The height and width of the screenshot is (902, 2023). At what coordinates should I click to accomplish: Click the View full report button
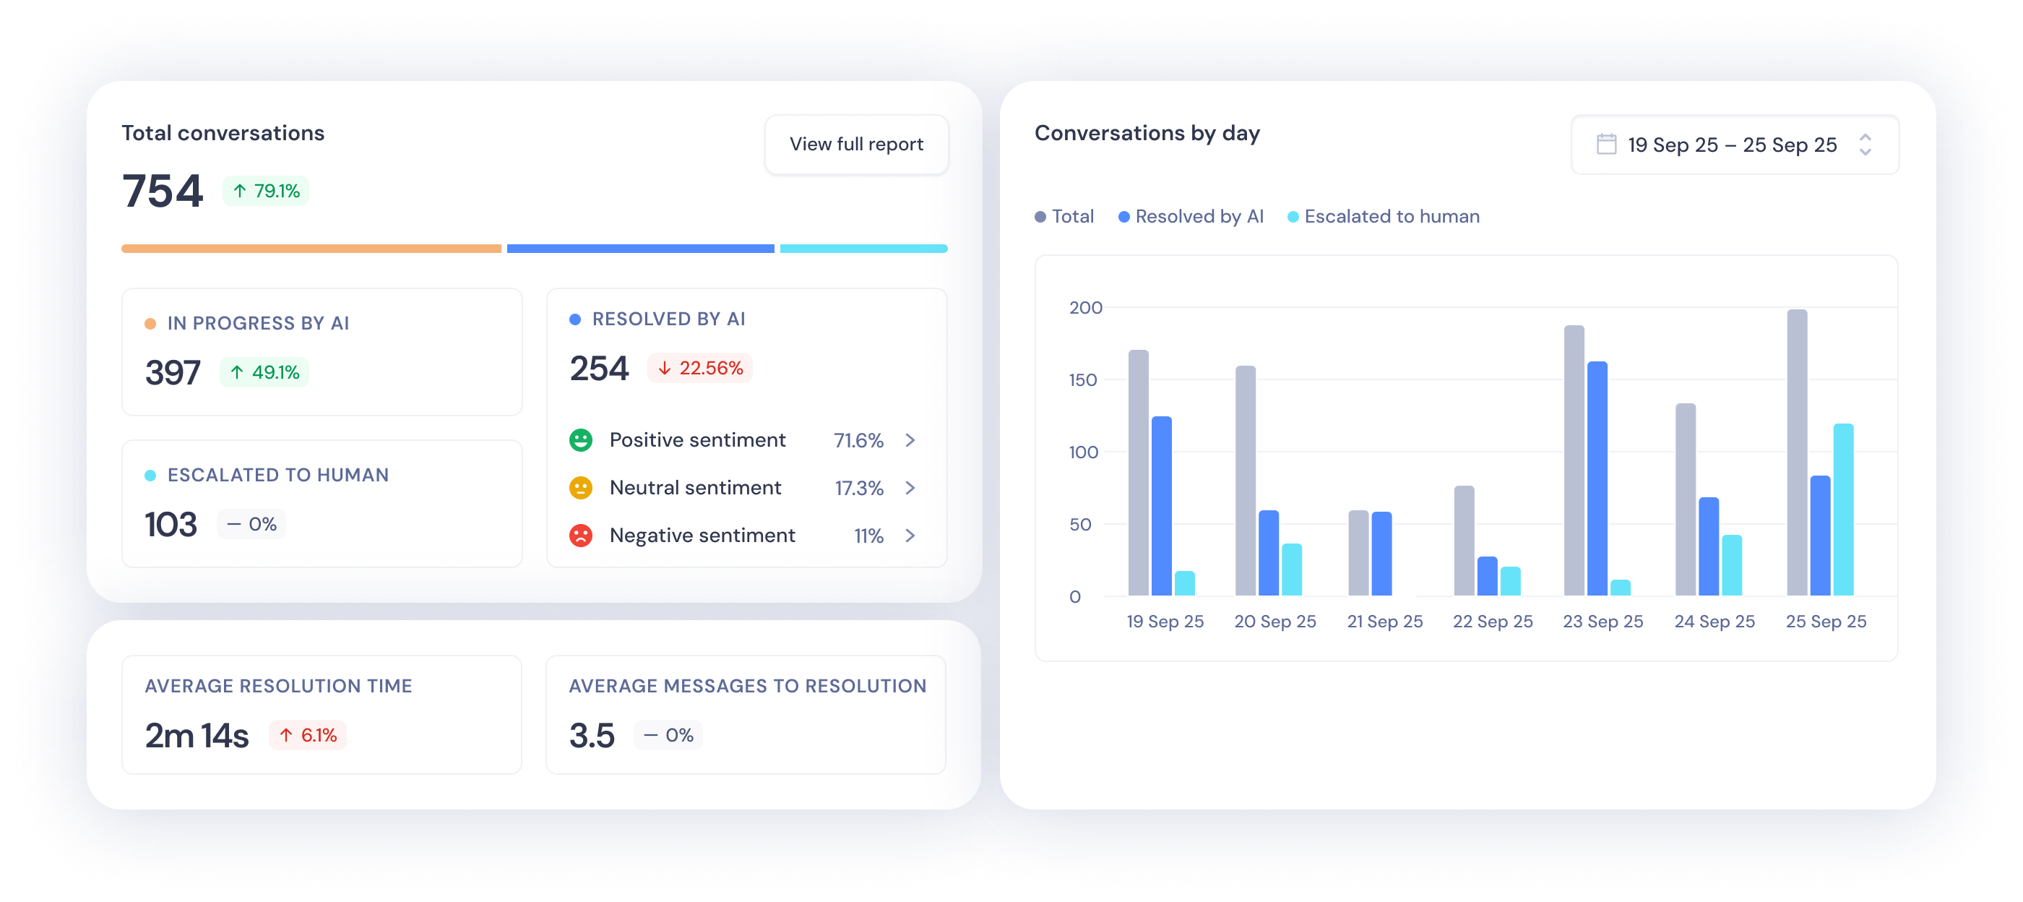(856, 145)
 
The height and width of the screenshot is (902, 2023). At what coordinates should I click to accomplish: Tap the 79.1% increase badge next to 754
(266, 191)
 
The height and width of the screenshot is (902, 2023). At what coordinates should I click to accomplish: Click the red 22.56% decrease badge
(699, 368)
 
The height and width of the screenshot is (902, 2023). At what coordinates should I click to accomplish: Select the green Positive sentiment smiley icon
(580, 440)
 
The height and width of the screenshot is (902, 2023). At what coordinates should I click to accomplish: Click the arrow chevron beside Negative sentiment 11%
(910, 536)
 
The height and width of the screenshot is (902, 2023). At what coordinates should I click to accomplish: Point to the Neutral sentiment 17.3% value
(858, 488)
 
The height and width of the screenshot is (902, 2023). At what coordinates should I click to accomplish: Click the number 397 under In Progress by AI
(173, 372)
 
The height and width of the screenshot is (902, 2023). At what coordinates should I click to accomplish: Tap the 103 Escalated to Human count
(171, 525)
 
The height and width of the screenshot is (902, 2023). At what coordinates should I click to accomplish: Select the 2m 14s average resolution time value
(197, 736)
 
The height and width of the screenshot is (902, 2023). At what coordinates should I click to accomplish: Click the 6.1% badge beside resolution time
(308, 736)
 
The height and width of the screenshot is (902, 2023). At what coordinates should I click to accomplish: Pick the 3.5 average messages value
(591, 736)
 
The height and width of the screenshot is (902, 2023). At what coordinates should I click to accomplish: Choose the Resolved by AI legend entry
(1191, 217)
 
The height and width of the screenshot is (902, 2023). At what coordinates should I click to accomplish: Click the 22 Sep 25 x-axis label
(1492, 622)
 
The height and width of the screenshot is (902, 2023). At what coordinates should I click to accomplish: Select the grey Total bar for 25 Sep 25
(1797, 452)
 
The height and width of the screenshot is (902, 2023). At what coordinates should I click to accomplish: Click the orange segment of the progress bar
(311, 249)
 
